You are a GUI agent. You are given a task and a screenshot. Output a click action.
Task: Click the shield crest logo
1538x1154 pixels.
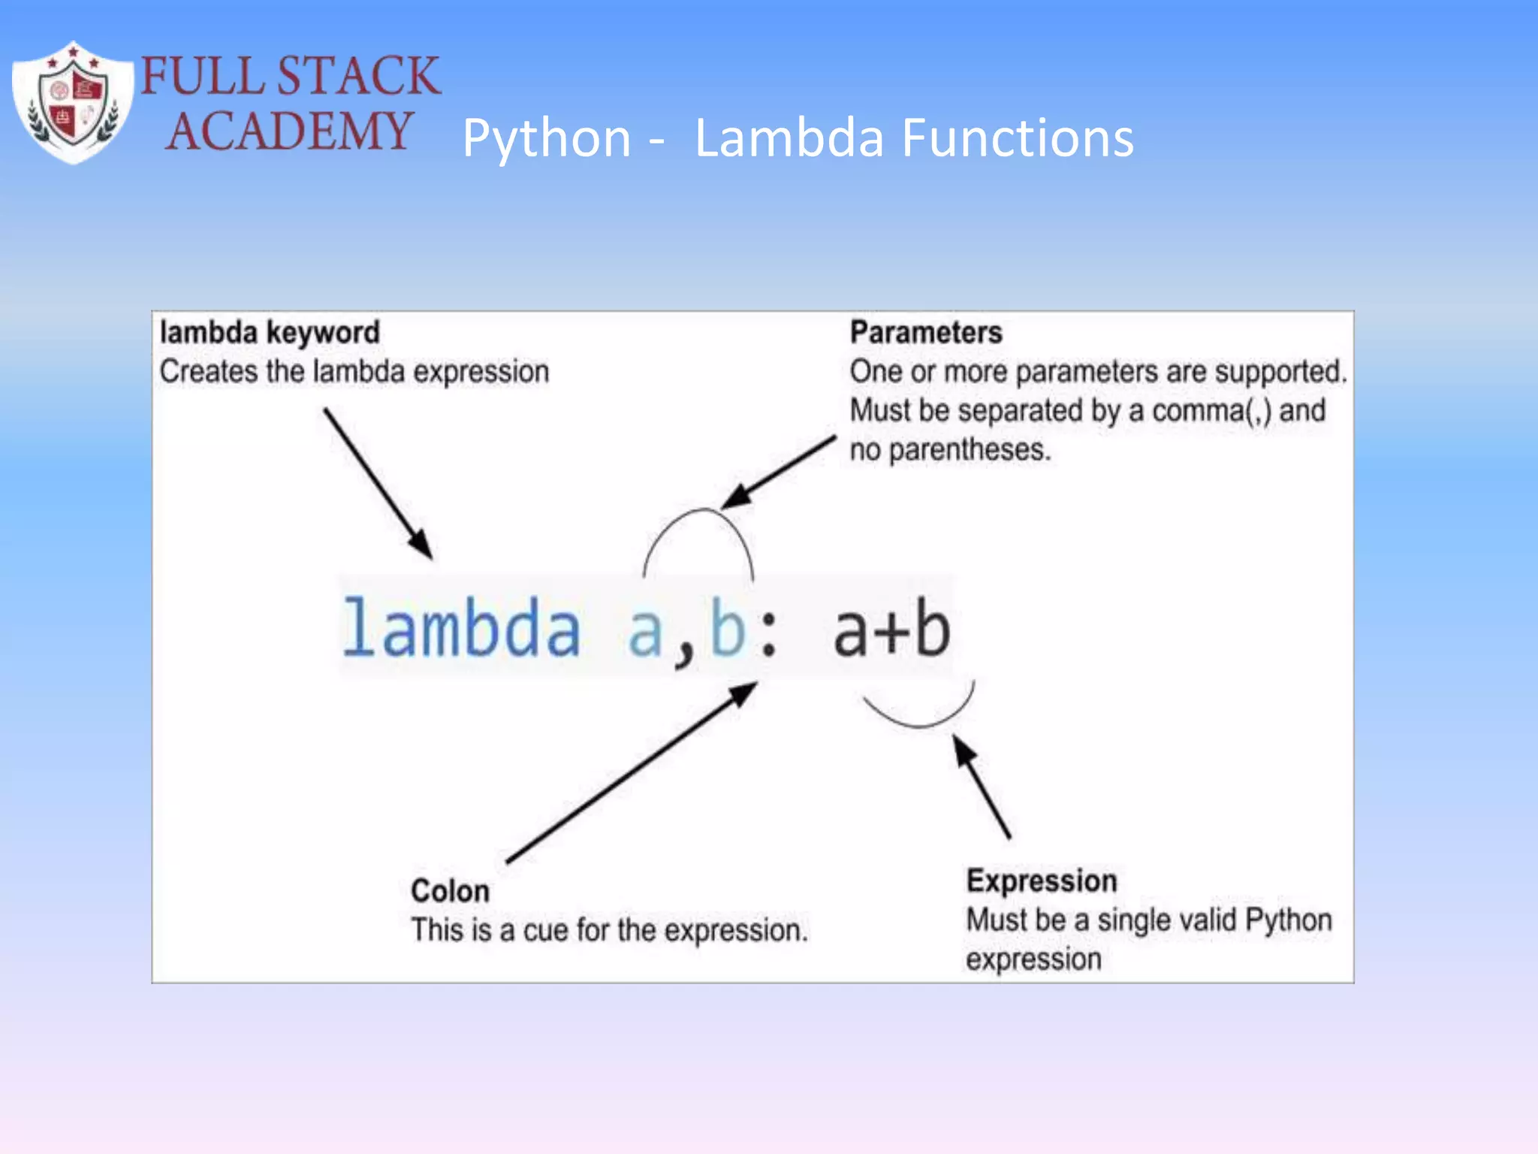73,103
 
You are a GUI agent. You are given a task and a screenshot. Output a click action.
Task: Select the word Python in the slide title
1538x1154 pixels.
547,139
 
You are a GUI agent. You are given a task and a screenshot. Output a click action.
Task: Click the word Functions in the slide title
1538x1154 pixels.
1018,139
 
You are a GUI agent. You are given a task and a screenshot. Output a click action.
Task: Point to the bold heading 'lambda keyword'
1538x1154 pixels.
270,332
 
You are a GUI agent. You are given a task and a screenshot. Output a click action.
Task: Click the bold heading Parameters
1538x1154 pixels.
925,332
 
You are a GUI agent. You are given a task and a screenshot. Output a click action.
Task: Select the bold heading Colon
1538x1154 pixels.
450,891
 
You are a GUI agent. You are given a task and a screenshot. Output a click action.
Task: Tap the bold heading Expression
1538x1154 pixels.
1041,881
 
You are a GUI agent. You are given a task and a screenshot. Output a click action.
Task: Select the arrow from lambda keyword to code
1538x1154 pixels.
378,483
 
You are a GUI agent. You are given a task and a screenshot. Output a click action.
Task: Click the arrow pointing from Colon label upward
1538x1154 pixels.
631,774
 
